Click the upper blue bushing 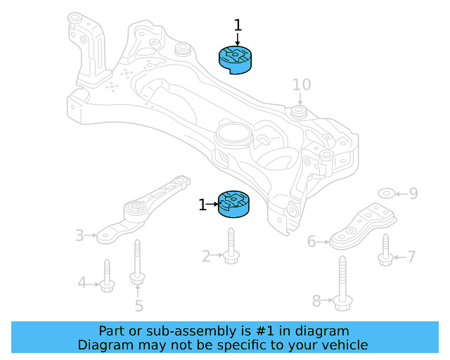pyautogui.click(x=236, y=60)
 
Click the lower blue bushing pyautogui.click(x=233, y=204)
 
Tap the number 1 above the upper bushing pyautogui.click(x=238, y=25)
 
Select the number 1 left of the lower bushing pyautogui.click(x=202, y=205)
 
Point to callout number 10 pyautogui.click(x=302, y=84)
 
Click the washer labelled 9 pyautogui.click(x=386, y=193)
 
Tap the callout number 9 pyautogui.click(x=413, y=193)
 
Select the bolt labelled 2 pyautogui.click(x=231, y=246)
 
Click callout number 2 pyautogui.click(x=206, y=256)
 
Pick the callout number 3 pyautogui.click(x=79, y=236)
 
